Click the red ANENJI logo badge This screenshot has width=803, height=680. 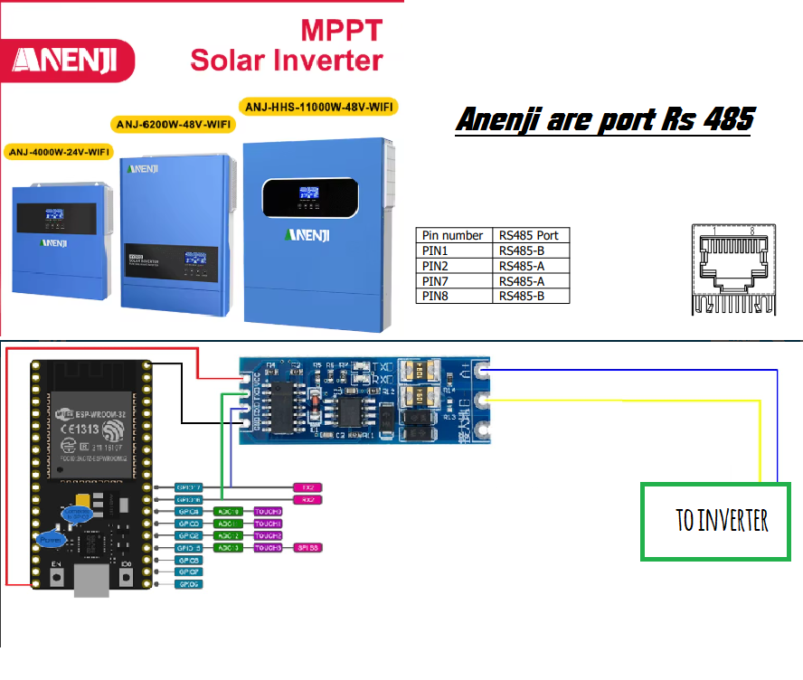point(69,61)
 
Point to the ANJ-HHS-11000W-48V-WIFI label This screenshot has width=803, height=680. point(320,106)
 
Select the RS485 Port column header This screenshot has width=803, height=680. point(531,235)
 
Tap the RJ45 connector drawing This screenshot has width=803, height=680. point(732,269)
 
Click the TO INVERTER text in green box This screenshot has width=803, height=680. point(722,521)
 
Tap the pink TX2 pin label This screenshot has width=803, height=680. point(307,487)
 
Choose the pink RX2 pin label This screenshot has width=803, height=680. point(307,499)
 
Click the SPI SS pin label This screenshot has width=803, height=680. point(307,548)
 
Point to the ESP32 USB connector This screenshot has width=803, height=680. point(90,582)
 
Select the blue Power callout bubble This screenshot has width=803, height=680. point(51,540)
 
